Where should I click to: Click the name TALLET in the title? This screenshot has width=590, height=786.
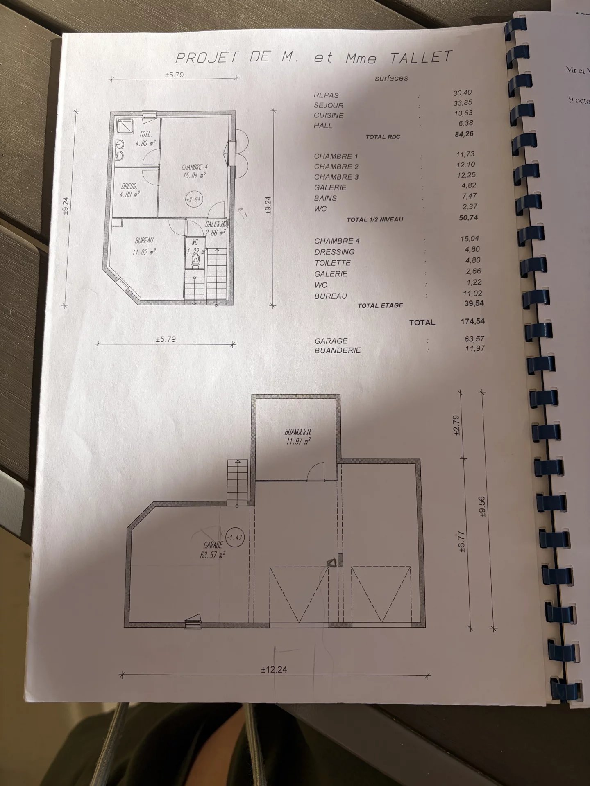click(420, 57)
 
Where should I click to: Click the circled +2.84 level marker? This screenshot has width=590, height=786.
click(193, 200)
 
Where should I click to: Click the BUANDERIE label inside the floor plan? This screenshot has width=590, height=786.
click(298, 432)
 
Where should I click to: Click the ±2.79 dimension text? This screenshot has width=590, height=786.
click(458, 425)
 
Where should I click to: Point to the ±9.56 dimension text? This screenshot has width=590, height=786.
click(481, 506)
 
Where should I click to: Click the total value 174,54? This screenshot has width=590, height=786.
click(472, 321)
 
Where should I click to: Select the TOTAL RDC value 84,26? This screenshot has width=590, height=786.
click(464, 134)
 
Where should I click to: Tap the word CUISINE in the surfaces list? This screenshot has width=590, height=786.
click(329, 115)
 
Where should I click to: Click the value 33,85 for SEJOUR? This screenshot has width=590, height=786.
click(463, 103)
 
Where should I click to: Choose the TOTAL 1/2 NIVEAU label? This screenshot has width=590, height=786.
click(375, 220)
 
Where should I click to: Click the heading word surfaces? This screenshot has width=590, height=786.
click(391, 78)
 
